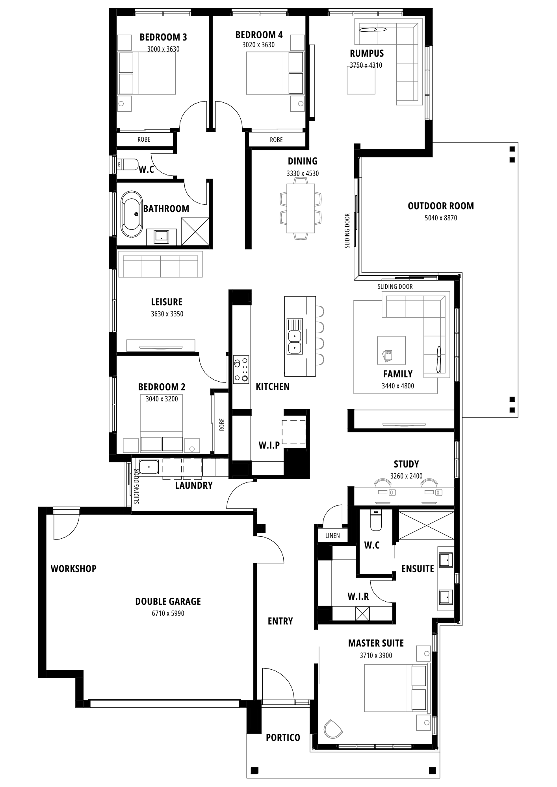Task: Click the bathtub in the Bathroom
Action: (x=131, y=214)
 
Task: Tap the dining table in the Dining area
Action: (x=301, y=209)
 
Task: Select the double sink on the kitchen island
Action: (x=294, y=341)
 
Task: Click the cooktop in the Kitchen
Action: (x=241, y=369)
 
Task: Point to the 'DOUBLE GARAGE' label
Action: (x=168, y=601)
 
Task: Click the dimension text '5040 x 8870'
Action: (x=441, y=218)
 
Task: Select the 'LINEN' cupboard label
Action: (x=332, y=536)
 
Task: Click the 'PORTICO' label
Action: (x=283, y=737)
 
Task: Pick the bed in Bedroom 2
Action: (x=162, y=423)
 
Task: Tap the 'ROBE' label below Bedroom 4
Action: (x=276, y=140)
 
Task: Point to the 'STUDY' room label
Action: (x=406, y=464)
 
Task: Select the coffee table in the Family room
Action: (x=392, y=350)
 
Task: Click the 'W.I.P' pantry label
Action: (x=269, y=445)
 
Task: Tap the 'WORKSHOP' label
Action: (x=73, y=569)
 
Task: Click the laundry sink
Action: (x=149, y=467)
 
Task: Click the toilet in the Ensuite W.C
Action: (x=376, y=520)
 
